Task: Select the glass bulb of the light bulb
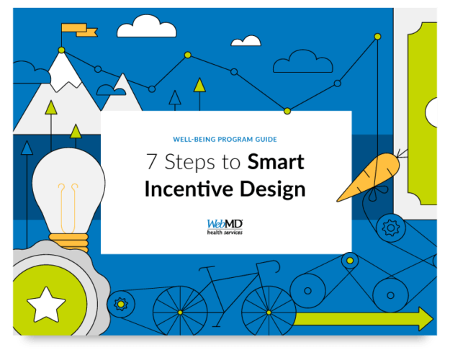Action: (x=68, y=186)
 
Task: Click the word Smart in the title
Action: (x=276, y=162)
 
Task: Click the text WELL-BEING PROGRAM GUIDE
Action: (x=225, y=139)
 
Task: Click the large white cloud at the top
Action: (x=148, y=28)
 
